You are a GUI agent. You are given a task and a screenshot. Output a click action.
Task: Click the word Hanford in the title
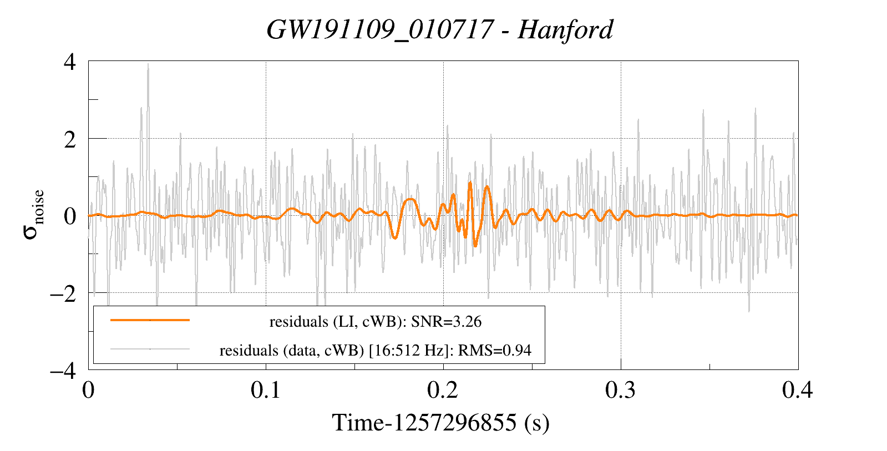(565, 29)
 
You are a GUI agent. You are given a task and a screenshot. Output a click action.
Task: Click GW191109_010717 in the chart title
(379, 29)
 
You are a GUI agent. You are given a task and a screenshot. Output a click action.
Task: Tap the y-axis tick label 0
(70, 216)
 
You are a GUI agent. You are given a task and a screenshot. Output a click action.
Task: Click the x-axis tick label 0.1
(266, 390)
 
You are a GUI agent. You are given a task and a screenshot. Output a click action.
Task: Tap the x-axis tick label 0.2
(443, 390)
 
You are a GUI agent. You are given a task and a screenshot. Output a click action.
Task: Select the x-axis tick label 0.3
(621, 390)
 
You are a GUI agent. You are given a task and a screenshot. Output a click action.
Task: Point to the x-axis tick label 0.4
(798, 390)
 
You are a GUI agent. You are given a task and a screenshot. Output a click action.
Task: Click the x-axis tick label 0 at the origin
(88, 390)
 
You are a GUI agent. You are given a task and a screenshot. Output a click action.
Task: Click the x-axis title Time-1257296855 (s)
(440, 423)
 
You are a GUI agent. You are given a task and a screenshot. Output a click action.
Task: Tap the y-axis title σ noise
(34, 215)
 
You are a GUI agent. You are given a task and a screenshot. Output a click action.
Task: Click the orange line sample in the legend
(150, 320)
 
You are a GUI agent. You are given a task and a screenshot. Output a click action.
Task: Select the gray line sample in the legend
(150, 349)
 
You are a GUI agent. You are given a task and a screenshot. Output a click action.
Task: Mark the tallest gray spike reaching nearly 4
(148, 65)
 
